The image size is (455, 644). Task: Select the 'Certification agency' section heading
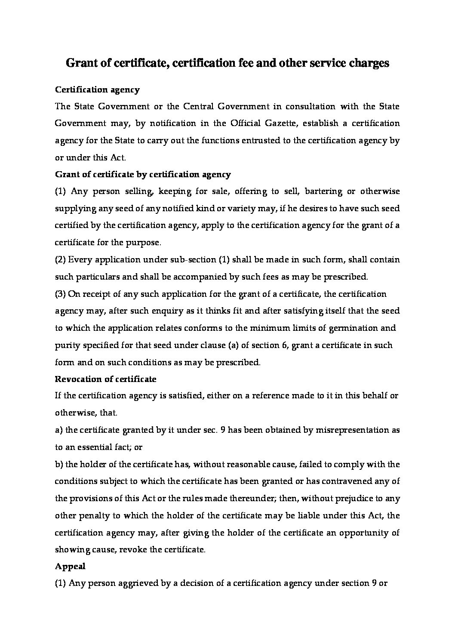[x=97, y=90]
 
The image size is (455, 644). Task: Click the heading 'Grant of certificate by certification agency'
[x=143, y=175]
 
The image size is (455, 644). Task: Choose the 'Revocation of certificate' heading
[x=105, y=379]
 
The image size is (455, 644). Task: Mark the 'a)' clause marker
[x=59, y=430]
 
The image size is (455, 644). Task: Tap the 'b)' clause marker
[x=59, y=465]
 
